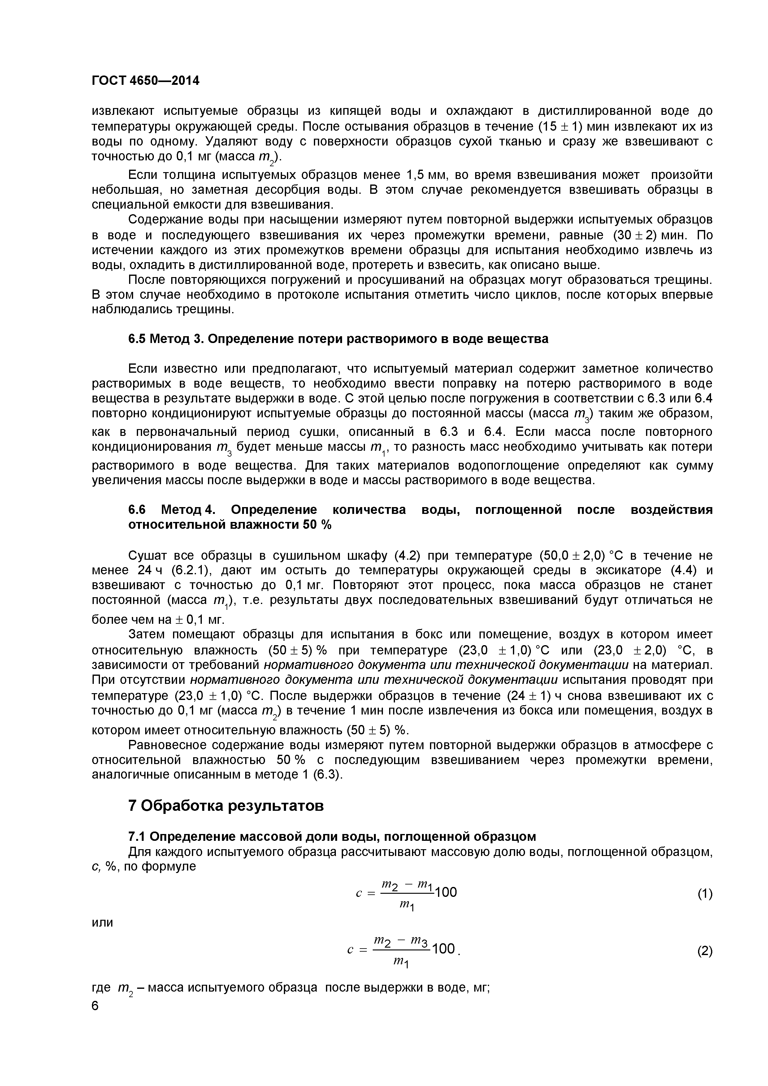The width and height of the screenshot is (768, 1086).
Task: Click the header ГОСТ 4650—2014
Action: point(145,81)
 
